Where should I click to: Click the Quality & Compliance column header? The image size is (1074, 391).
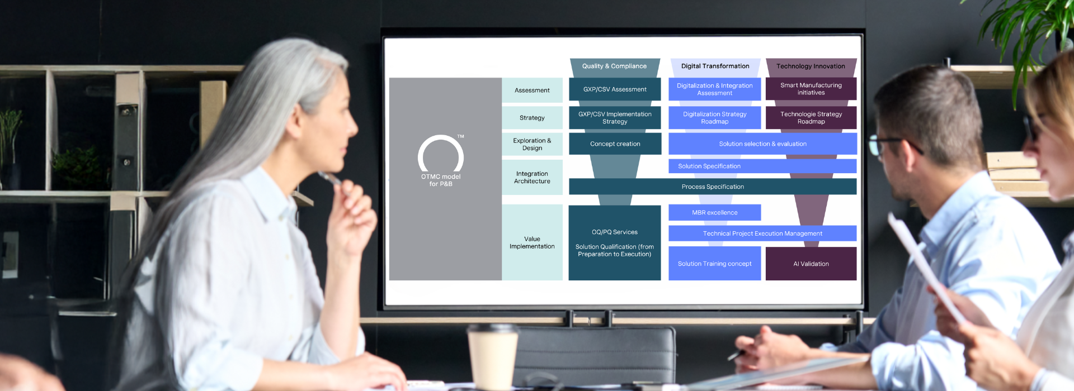tap(614, 66)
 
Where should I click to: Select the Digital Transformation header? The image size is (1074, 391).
tap(715, 66)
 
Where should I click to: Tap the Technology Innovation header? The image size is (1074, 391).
tap(811, 66)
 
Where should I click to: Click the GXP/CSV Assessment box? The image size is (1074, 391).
tap(615, 89)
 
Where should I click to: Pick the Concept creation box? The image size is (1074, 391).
tap(615, 144)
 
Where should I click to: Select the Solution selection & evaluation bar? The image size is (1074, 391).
tap(762, 144)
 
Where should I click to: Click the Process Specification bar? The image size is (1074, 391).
tap(713, 187)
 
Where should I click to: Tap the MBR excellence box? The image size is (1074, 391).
tap(714, 213)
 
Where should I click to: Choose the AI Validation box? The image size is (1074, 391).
tap(811, 264)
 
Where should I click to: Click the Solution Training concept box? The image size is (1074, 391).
tap(714, 264)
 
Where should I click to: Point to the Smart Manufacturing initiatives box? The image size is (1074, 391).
tap(811, 89)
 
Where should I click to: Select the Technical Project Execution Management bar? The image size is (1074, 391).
tap(762, 234)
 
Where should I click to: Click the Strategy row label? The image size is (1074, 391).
tap(532, 118)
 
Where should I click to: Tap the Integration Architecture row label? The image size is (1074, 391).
tap(532, 178)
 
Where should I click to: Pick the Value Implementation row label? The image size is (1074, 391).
tap(532, 243)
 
